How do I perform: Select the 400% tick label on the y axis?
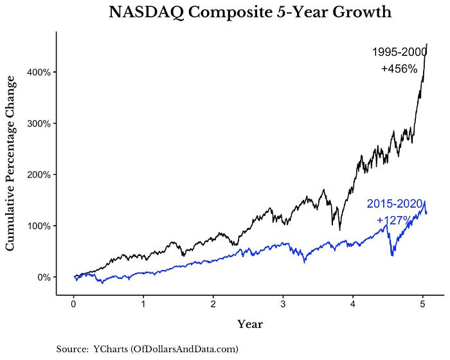click(x=39, y=72)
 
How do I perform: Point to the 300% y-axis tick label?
click(x=39, y=123)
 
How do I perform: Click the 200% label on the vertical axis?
click(x=39, y=175)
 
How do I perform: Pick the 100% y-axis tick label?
click(x=39, y=226)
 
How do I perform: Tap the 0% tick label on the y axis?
click(x=42, y=277)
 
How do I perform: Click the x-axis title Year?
click(x=249, y=323)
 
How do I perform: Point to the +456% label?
click(x=400, y=68)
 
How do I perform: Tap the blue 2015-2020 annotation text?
click(x=394, y=204)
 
